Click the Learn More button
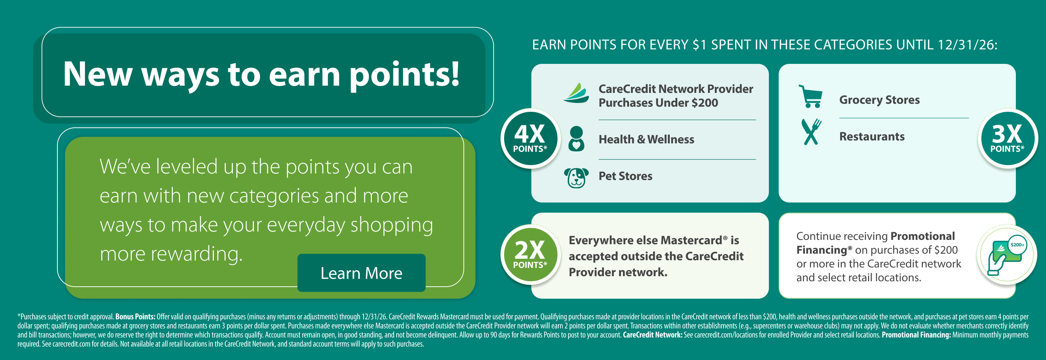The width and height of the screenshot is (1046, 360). click(361, 273)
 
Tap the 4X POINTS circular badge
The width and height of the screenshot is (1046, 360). click(530, 138)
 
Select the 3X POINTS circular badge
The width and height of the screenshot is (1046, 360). click(1007, 138)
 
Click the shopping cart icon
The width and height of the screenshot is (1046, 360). click(811, 96)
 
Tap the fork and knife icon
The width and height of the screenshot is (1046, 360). click(811, 132)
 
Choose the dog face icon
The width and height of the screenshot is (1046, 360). click(576, 178)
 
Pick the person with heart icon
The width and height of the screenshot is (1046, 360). click(576, 138)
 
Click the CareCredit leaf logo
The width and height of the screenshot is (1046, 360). click(576, 93)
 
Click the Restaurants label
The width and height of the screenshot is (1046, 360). click(872, 136)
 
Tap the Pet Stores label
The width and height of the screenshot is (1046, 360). click(625, 176)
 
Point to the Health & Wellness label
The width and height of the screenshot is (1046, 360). click(646, 139)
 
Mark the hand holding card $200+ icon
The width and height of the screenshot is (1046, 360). click(1007, 256)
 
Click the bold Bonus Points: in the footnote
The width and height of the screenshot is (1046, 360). click(135, 316)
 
